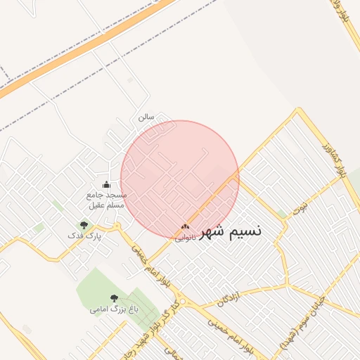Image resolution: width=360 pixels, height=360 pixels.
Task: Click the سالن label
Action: tap(145, 117)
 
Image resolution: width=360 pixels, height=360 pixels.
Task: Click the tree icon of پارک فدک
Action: tap(84, 225)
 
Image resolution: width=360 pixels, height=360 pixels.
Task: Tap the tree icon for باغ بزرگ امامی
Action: tap(115, 298)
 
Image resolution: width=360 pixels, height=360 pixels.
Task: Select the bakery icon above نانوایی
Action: tap(185, 226)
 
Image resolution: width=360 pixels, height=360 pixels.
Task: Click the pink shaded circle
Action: tap(180, 179)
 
